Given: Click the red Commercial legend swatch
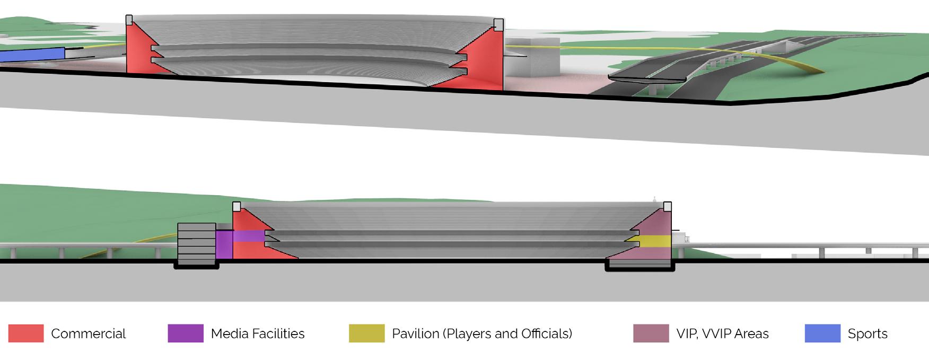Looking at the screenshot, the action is pyautogui.click(x=26, y=333).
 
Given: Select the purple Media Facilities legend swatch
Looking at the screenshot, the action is pyautogui.click(x=186, y=333).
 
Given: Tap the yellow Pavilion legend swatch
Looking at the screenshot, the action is pyautogui.click(x=366, y=333).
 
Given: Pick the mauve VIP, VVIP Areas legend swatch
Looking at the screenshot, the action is pyautogui.click(x=651, y=333).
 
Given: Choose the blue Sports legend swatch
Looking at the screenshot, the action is pyautogui.click(x=822, y=333).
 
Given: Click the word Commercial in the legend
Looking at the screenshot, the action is pyautogui.click(x=88, y=334).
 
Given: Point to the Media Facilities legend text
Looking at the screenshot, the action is pyautogui.click(x=258, y=334).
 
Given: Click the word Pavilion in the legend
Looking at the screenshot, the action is pyautogui.click(x=415, y=334).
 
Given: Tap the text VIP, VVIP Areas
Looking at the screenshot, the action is pyautogui.click(x=722, y=334).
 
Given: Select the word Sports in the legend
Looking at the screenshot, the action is pyautogui.click(x=867, y=334).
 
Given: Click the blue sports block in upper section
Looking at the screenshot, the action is pyautogui.click(x=32, y=54).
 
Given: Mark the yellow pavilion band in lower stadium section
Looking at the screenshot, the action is pyautogui.click(x=655, y=241).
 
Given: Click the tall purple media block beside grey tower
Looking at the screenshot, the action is pyautogui.click(x=224, y=244).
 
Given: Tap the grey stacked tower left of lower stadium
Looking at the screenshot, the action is pyautogui.click(x=196, y=244).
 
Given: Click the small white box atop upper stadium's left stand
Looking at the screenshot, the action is pyautogui.click(x=129, y=20).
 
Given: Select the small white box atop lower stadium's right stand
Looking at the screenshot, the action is pyautogui.click(x=668, y=206).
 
